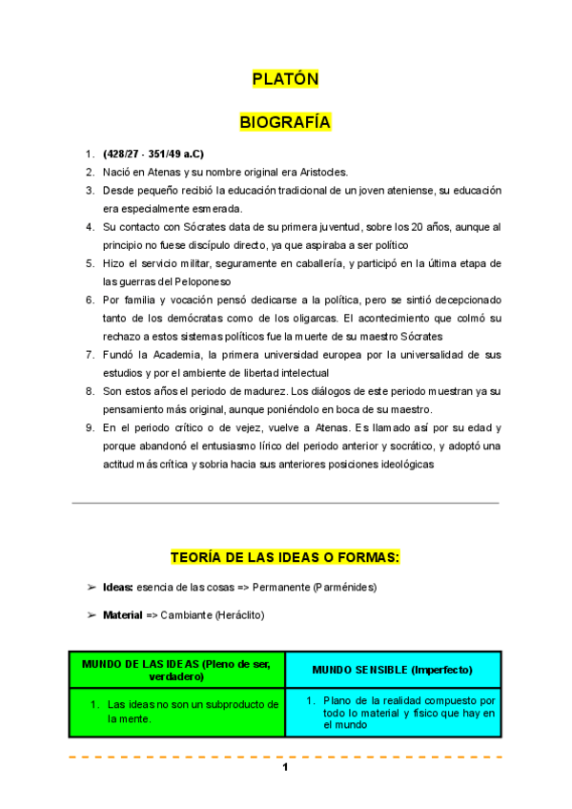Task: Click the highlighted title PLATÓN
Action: [285, 79]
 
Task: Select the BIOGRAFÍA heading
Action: [285, 123]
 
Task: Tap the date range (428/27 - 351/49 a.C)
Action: [153, 155]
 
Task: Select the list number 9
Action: [89, 427]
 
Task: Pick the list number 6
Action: [89, 300]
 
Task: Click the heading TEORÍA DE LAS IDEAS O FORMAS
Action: [285, 556]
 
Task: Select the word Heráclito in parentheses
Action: [236, 615]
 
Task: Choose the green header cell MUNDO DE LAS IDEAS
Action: [177, 669]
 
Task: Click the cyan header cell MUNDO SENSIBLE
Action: [393, 669]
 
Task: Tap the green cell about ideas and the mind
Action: [177, 712]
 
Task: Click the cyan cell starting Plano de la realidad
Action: [393, 712]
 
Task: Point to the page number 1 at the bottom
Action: [285, 769]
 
